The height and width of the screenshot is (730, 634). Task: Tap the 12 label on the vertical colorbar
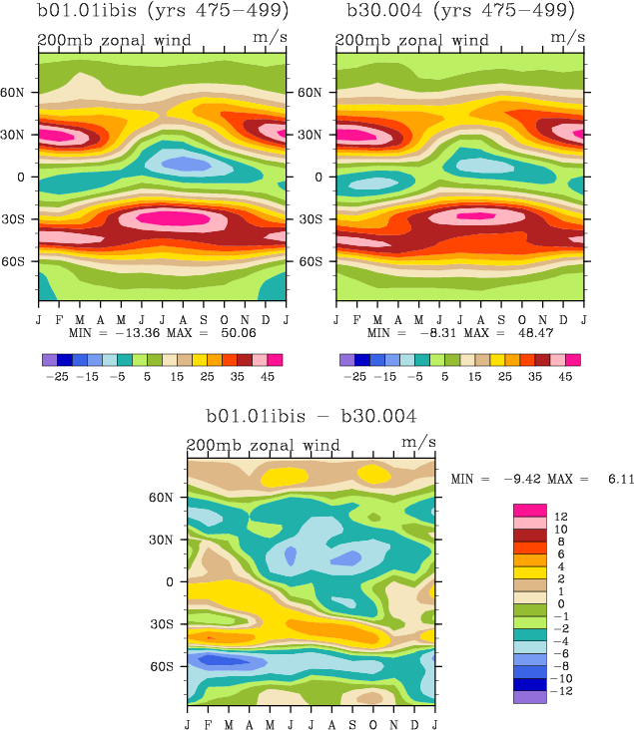[x=562, y=516]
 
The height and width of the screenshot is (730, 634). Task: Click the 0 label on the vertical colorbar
[x=559, y=603]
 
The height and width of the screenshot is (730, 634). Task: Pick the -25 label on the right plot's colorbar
[x=354, y=378]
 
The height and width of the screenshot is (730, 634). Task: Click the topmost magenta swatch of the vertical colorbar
[x=530, y=510]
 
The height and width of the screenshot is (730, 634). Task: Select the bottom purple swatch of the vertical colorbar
[x=530, y=697]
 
